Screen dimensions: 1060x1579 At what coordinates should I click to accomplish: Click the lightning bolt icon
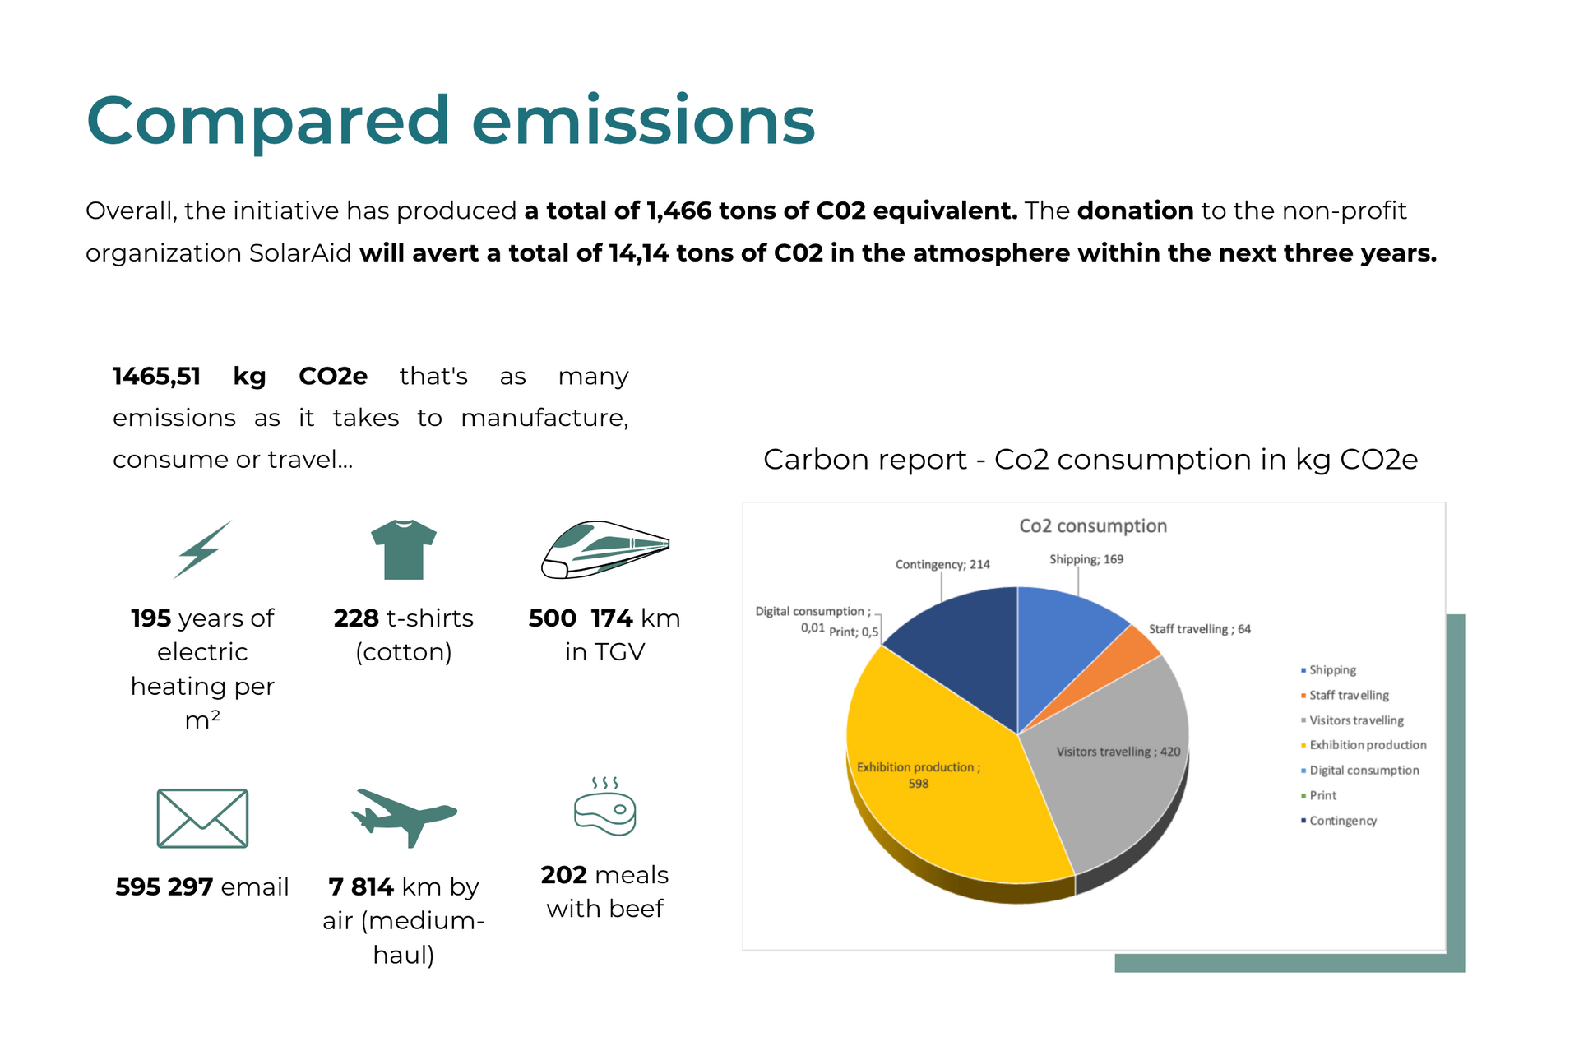tap(202, 549)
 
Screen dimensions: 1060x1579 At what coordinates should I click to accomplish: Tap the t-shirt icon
tap(403, 549)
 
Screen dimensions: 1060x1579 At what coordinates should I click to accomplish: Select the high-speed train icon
tap(604, 549)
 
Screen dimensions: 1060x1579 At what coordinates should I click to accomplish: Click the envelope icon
tap(202, 818)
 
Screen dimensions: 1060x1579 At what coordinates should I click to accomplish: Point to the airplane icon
tap(403, 816)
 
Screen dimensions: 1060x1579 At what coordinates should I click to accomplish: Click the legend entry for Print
tap(1322, 795)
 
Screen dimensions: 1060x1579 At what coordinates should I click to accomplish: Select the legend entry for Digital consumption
tap(1364, 771)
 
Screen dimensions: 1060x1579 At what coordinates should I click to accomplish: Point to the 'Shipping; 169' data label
tap(1086, 560)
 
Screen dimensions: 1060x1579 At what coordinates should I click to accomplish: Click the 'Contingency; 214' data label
tap(942, 565)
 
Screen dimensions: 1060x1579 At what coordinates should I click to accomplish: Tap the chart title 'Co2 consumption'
tap(1093, 526)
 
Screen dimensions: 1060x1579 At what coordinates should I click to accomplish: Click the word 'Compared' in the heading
tap(267, 122)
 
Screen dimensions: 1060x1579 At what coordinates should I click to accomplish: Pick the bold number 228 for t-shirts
tap(356, 618)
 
